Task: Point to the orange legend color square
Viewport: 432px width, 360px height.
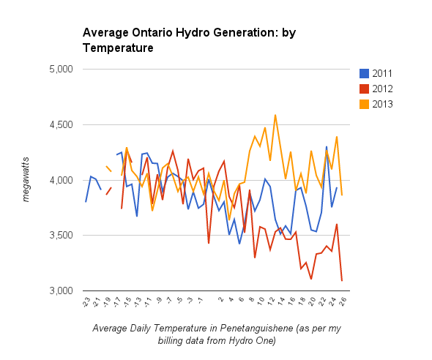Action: click(x=364, y=104)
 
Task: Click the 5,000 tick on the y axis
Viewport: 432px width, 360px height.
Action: click(x=61, y=69)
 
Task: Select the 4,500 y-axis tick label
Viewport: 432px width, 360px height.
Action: click(x=61, y=124)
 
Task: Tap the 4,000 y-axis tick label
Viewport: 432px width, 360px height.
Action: click(x=61, y=180)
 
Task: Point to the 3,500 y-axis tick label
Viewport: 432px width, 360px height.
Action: click(x=61, y=236)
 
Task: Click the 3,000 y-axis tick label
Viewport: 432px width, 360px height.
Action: click(x=61, y=290)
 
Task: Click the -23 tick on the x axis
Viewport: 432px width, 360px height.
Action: click(x=86, y=302)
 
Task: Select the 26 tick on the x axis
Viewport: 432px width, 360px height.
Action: click(x=343, y=301)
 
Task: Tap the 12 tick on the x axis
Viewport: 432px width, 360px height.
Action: click(x=272, y=301)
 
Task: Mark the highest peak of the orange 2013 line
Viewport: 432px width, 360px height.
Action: click(x=275, y=115)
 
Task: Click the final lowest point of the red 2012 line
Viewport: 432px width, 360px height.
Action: click(x=342, y=281)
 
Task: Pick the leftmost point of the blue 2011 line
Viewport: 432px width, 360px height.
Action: click(x=86, y=202)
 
